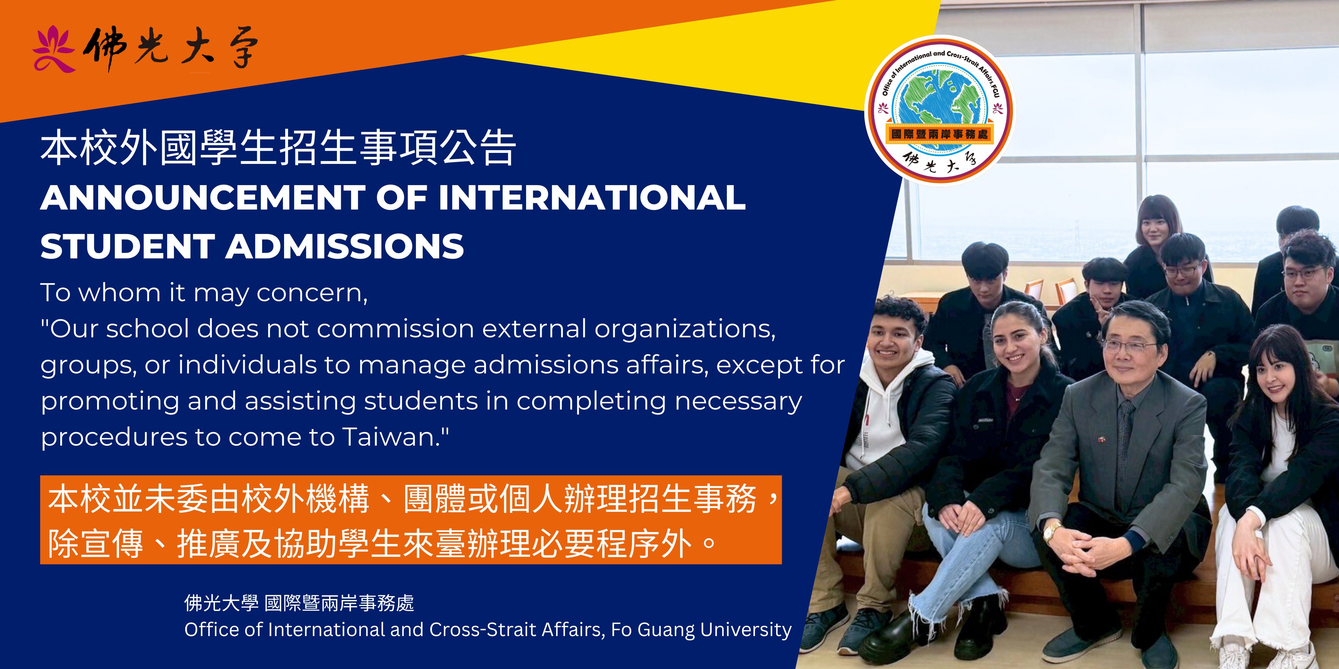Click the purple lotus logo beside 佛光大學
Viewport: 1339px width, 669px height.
(x=53, y=49)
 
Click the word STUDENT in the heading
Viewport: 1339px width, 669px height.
(x=128, y=246)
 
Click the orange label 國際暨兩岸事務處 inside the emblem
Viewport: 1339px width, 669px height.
(x=939, y=134)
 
